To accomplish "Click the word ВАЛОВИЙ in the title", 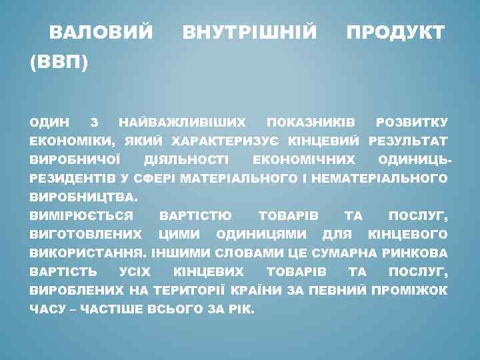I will pyautogui.click(x=101, y=32).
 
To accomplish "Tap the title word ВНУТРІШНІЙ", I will pyautogui.click(x=249, y=32).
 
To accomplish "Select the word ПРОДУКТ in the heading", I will pyautogui.click(x=395, y=32).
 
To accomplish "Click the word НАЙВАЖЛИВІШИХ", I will pyautogui.click(x=181, y=123).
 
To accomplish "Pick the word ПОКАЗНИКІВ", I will pyautogui.click(x=311, y=123).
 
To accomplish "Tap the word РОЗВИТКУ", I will pyautogui.click(x=411, y=123).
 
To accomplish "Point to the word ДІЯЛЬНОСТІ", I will pyautogui.click(x=186, y=160).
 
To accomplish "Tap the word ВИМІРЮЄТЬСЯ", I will pyautogui.click(x=81, y=216).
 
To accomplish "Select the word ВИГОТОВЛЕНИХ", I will pyautogui.click(x=86, y=235).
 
